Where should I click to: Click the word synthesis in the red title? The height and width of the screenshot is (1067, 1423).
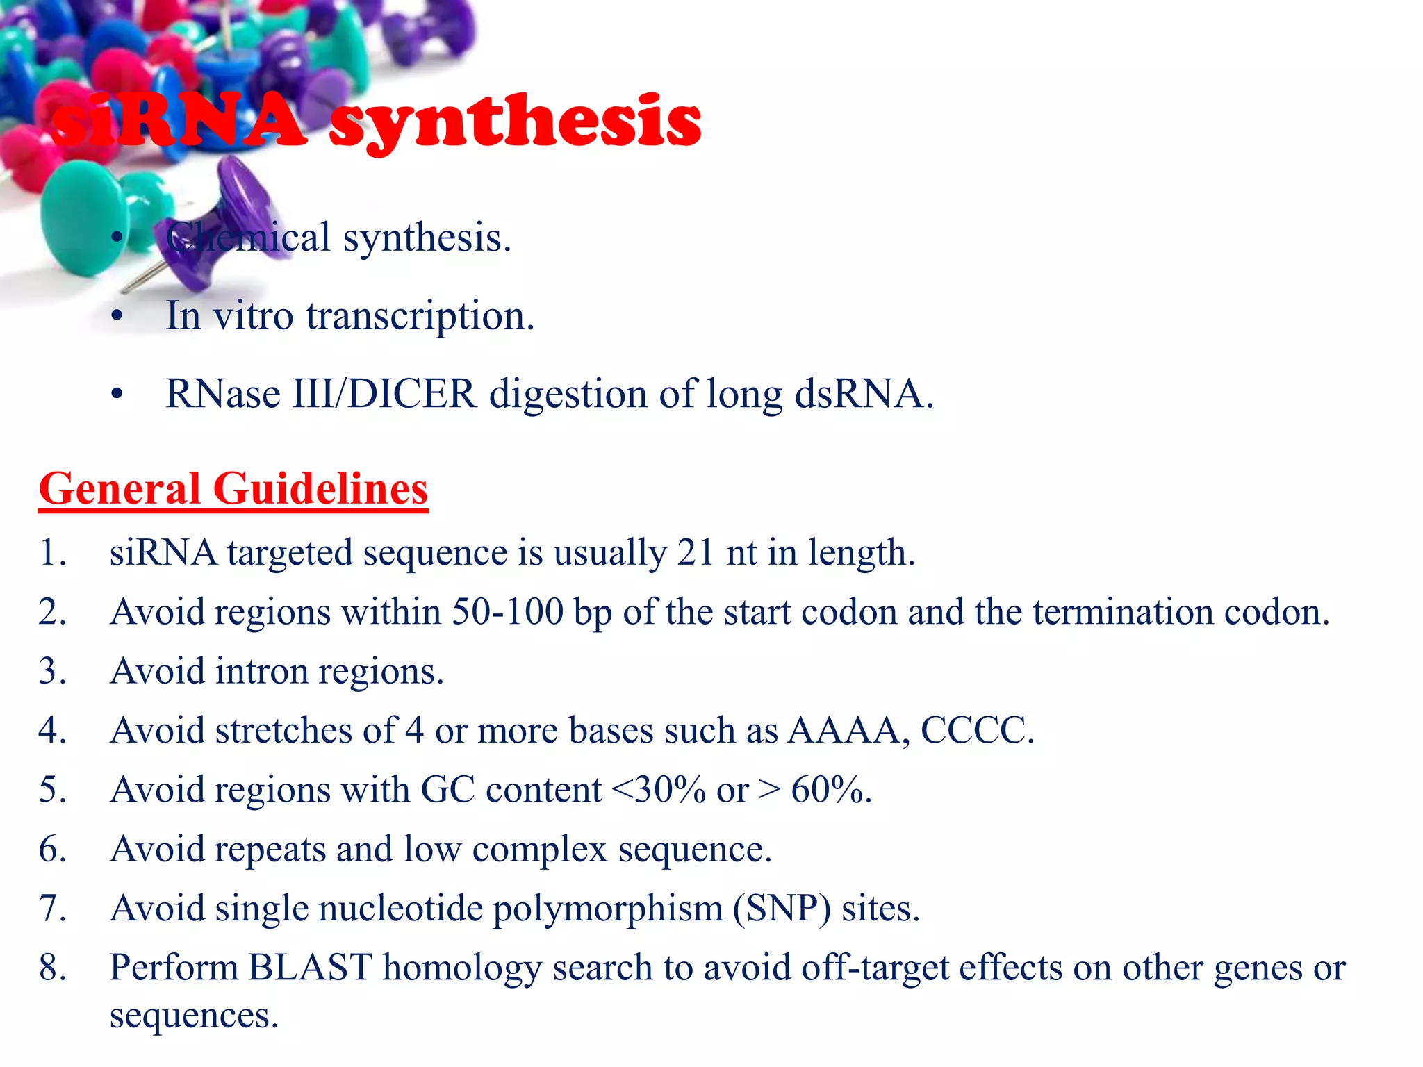515,122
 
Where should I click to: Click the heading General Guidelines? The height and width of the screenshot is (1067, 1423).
233,488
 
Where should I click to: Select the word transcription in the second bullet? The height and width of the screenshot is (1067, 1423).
420,316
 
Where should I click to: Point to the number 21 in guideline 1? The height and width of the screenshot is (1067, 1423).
696,553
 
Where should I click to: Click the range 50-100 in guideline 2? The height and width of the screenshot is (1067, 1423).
507,612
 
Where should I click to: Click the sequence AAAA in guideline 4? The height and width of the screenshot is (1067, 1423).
843,731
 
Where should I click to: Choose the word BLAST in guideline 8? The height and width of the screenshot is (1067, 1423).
310,968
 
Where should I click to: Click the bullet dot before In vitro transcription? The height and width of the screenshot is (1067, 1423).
117,317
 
